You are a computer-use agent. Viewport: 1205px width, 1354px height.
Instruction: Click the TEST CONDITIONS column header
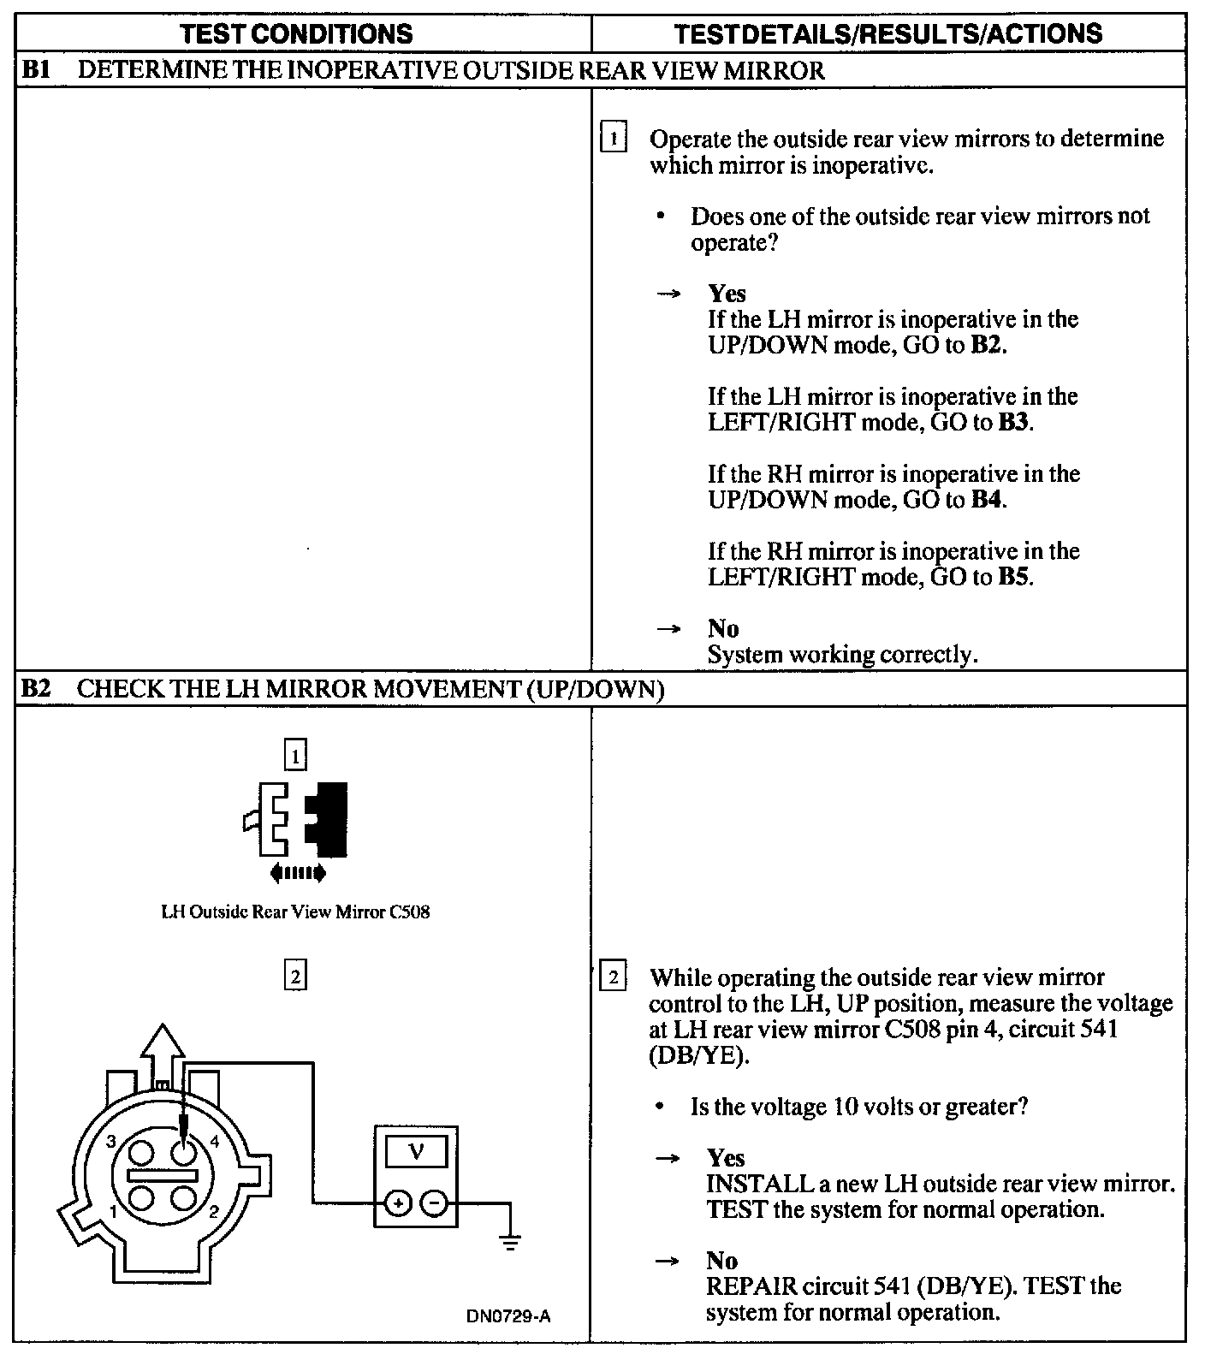297,33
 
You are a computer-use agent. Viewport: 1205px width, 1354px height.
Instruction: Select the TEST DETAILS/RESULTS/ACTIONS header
887,33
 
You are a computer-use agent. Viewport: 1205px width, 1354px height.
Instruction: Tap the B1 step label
35,69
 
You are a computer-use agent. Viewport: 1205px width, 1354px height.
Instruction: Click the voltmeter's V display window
416,1151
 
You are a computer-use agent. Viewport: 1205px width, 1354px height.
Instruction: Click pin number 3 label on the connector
111,1141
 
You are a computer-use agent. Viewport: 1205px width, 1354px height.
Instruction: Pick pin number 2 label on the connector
213,1211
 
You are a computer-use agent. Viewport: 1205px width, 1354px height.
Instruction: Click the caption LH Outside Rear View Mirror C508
295,912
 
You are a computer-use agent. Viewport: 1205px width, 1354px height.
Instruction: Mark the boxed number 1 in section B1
614,138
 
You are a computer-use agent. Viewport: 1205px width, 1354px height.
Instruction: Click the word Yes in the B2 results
726,1158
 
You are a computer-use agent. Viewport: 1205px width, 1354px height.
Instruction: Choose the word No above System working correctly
723,629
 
